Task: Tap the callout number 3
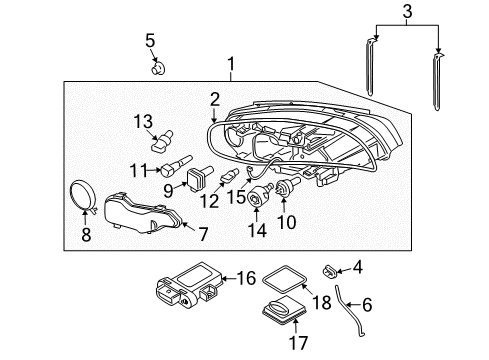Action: pos(406,11)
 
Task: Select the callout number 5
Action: pos(151,41)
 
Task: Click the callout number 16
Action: pos(246,278)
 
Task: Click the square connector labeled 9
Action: pos(198,181)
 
